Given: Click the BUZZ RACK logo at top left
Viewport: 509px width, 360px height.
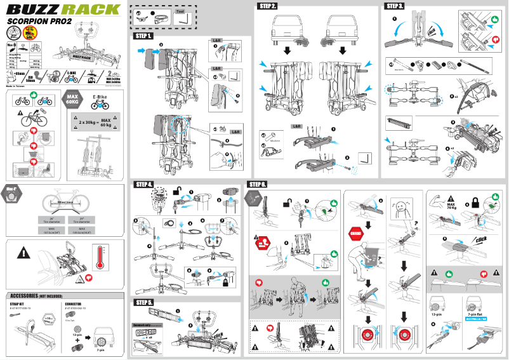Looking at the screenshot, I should coord(62,10).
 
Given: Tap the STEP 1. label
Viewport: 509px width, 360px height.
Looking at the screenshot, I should coord(143,36).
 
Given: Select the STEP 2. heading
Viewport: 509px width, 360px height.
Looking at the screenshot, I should coord(268,6).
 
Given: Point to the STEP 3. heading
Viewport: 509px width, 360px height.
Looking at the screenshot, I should coord(395,6).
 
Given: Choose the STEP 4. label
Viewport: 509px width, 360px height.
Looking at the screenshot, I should coord(143,184).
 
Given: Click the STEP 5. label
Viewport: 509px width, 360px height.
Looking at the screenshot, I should coord(143,302).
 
